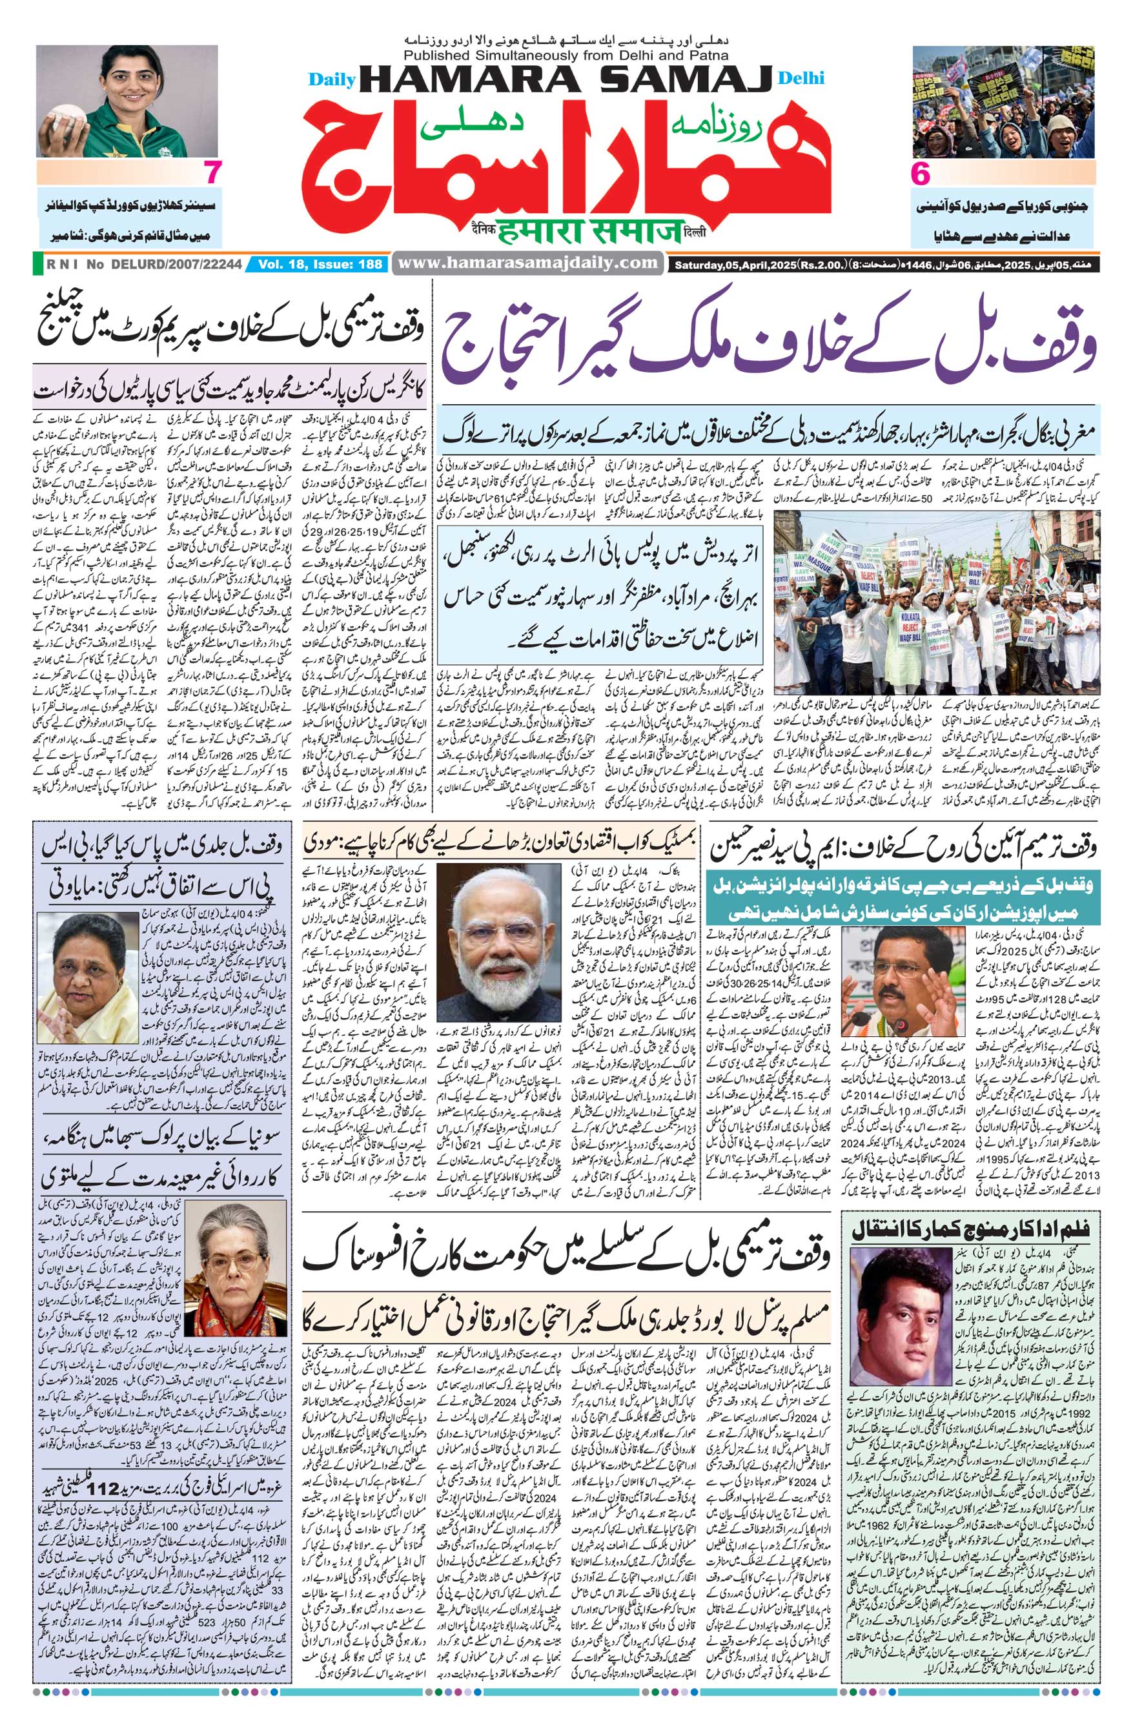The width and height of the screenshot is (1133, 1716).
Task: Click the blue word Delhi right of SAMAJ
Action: (x=801, y=79)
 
